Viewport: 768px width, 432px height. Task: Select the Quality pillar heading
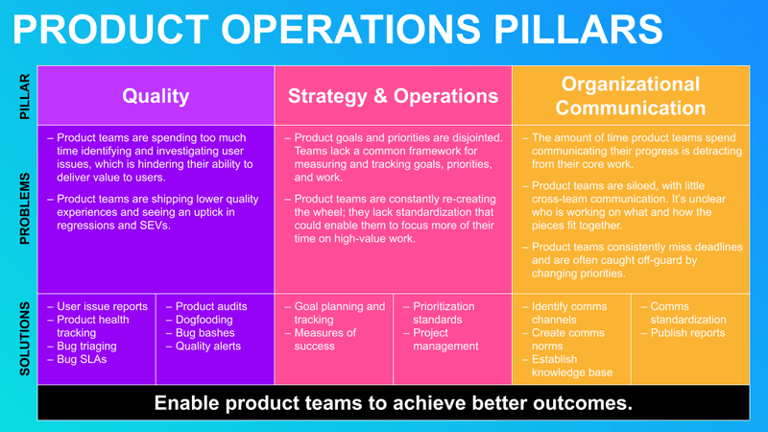pos(155,96)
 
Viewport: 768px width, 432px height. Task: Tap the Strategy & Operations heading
pos(394,96)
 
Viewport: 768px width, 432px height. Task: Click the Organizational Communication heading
pos(630,96)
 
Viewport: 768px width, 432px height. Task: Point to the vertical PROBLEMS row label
pos(25,209)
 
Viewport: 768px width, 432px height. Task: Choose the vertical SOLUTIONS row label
pos(25,338)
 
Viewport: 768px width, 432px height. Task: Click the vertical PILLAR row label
pos(25,96)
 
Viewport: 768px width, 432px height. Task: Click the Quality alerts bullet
pos(207,346)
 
